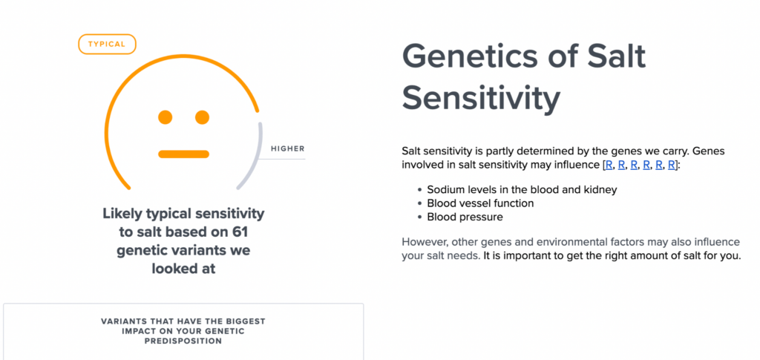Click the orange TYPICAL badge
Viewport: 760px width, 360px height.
click(x=107, y=44)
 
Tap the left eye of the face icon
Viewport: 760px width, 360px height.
click(x=166, y=117)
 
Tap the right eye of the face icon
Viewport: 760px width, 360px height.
click(x=202, y=117)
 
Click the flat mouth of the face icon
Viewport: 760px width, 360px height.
click(x=184, y=154)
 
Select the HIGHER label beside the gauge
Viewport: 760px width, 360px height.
click(x=288, y=148)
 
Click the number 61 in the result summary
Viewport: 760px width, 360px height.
click(x=238, y=232)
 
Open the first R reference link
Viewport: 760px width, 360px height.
click(x=609, y=165)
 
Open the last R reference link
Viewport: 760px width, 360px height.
click(x=672, y=165)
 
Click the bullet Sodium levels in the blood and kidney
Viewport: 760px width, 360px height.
click(x=522, y=189)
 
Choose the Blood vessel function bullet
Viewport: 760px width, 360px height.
click(x=480, y=203)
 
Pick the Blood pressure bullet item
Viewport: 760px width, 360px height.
click(x=465, y=217)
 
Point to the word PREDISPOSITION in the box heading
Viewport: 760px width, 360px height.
click(x=183, y=341)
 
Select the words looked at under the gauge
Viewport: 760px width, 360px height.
click(x=183, y=269)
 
